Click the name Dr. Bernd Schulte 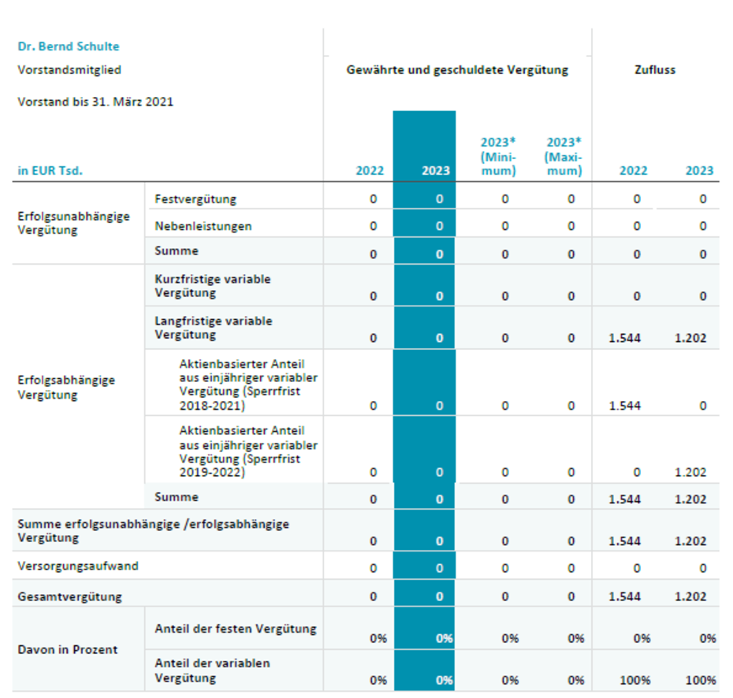[69, 46]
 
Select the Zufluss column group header [655, 70]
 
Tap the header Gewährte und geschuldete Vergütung [457, 70]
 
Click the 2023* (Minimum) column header [498, 157]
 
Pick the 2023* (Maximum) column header [564, 157]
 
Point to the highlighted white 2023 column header [436, 170]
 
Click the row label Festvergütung [195, 199]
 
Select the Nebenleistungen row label [203, 226]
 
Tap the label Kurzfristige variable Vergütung [213, 286]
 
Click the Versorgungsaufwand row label [78, 566]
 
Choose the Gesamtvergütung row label [69, 596]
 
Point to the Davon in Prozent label [68, 649]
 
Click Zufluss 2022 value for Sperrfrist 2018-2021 [624, 406]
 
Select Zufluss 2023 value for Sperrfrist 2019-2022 [690, 473]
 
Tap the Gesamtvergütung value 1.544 [624, 596]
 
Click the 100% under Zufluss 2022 [634, 680]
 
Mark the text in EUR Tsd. [50, 170]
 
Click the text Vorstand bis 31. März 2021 [95, 102]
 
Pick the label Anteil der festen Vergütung [236, 629]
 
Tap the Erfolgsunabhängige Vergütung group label [73, 223]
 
